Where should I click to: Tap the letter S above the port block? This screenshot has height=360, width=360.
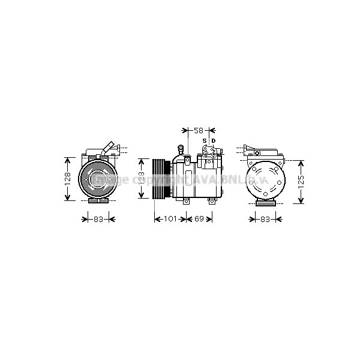(x=204, y=142)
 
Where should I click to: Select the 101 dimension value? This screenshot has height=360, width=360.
(x=170, y=219)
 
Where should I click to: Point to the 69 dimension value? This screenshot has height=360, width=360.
(x=200, y=219)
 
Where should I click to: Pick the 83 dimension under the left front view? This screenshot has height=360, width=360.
(x=98, y=219)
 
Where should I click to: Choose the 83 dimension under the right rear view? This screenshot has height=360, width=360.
(x=264, y=219)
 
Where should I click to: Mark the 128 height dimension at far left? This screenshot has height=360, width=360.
(x=68, y=178)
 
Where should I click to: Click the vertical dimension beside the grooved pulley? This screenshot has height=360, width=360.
(x=142, y=178)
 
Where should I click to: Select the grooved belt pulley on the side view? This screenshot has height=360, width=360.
(x=160, y=178)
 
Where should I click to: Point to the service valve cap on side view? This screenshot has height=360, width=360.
(x=181, y=148)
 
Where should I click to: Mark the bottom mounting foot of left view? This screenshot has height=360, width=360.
(x=98, y=203)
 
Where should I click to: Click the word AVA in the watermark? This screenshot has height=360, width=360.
(x=200, y=179)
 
